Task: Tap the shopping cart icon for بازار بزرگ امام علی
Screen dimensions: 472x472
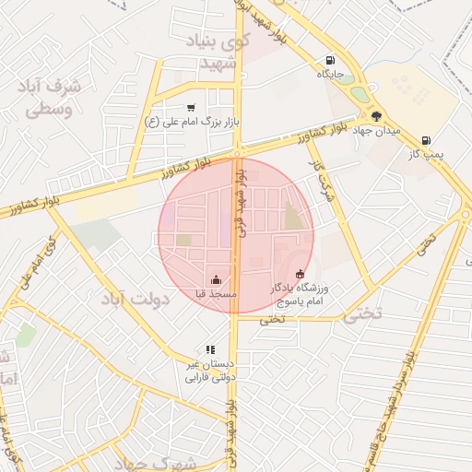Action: (191, 108)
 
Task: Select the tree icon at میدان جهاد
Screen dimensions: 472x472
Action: (376, 116)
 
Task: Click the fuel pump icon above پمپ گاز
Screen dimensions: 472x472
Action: (425, 140)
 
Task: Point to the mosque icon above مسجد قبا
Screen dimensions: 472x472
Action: (216, 279)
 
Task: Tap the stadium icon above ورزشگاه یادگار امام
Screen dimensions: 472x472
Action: (300, 274)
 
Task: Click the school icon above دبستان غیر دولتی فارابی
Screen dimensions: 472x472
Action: (211, 350)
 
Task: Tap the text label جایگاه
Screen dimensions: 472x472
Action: (330, 74)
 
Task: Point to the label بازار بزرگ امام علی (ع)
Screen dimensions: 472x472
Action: (191, 121)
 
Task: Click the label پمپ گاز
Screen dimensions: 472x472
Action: (426, 154)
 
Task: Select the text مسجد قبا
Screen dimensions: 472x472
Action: (216, 293)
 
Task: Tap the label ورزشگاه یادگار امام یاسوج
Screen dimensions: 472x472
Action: (299, 294)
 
